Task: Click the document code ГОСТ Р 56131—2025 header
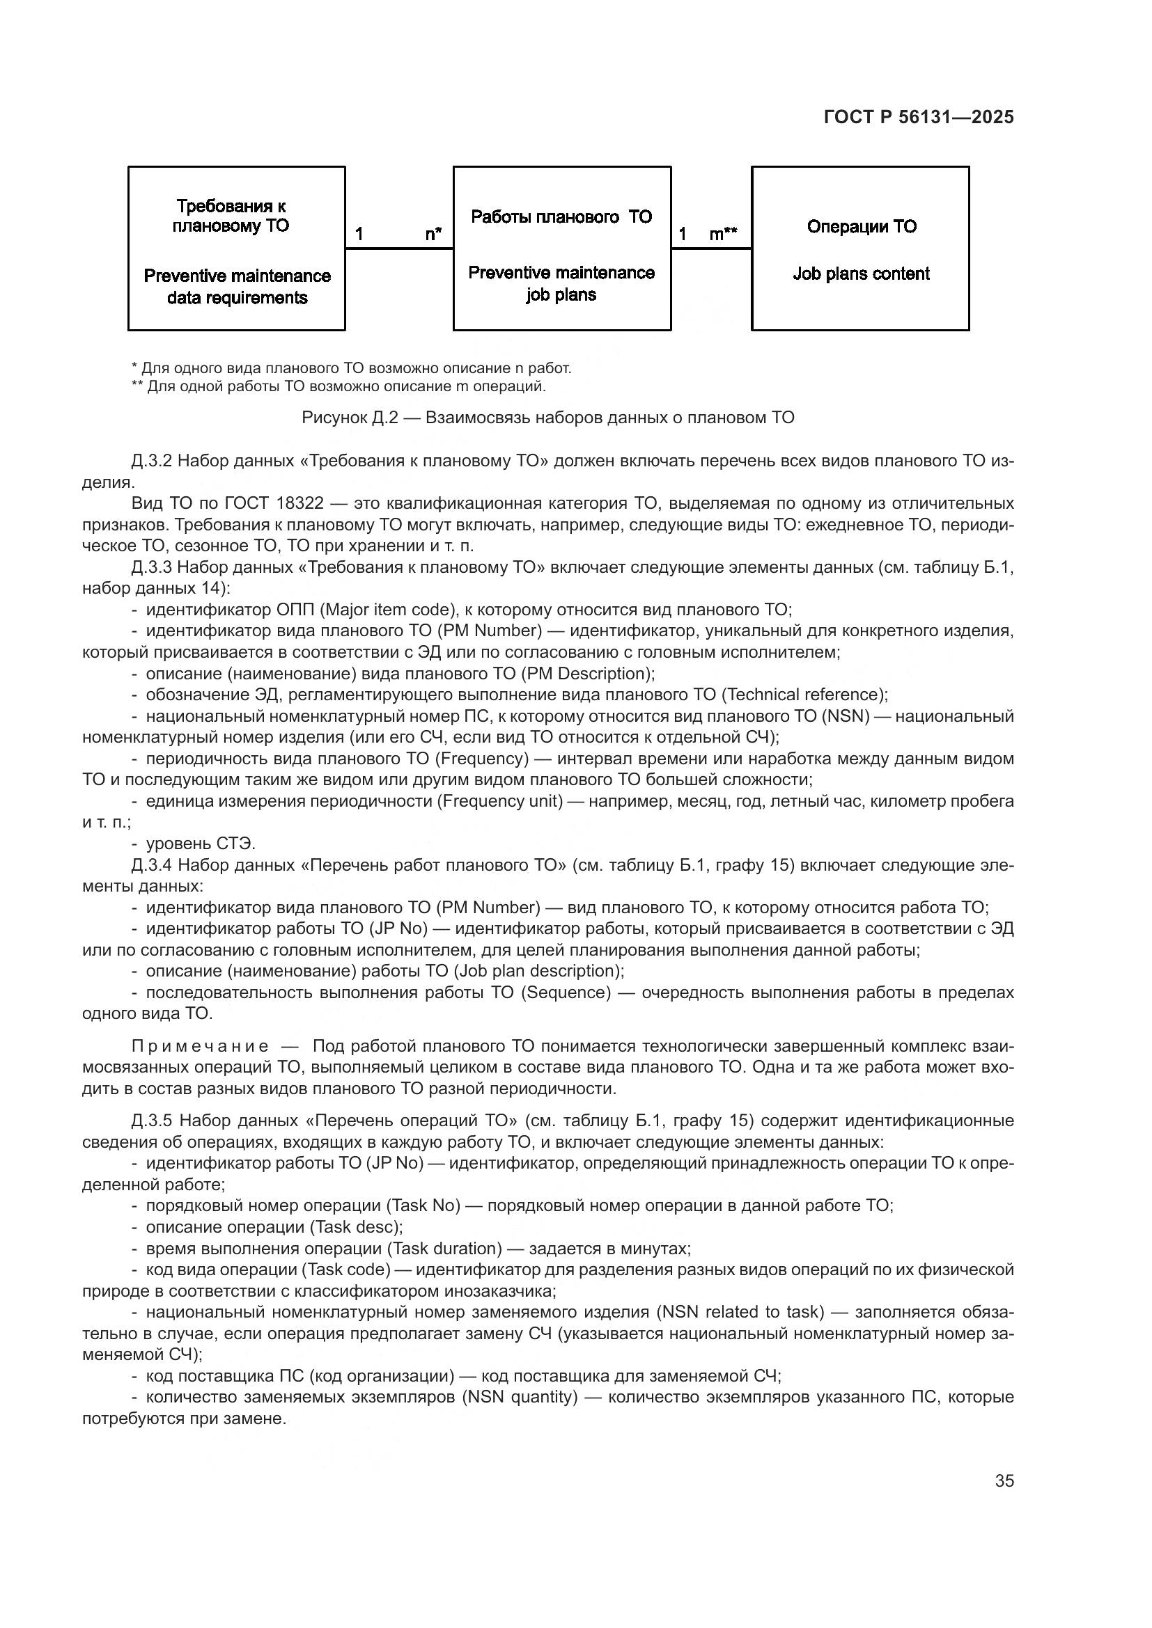pos(919,118)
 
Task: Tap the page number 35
pos(1004,1480)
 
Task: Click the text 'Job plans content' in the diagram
pos(860,274)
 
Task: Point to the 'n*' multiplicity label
pos(433,233)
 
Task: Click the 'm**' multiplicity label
pos(723,233)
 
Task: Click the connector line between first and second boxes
pos(398,248)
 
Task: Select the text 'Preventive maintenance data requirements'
pos(237,287)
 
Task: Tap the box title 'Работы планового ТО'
pos(561,217)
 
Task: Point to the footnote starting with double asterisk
pos(338,386)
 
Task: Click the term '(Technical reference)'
pos(802,695)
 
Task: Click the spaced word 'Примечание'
pos(199,1047)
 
